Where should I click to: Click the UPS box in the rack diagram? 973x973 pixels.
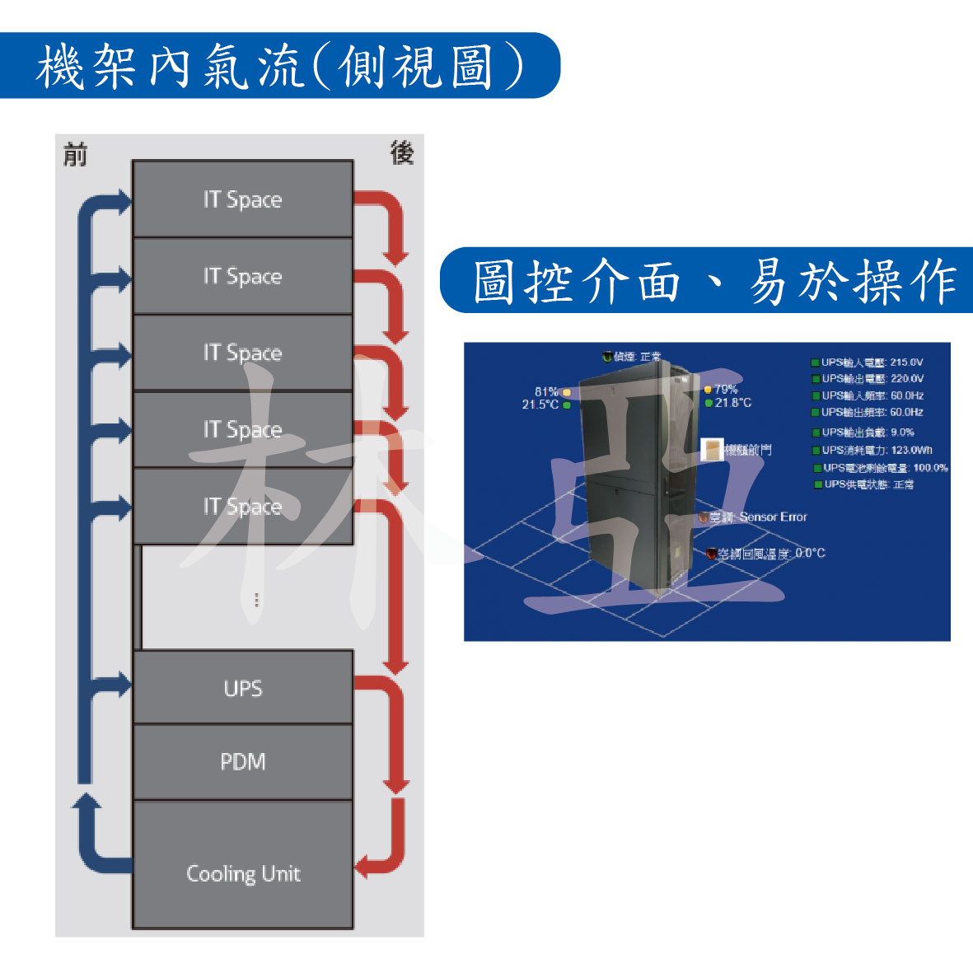[243, 688]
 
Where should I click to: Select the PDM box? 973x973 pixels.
[243, 761]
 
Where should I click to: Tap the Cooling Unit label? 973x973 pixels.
[243, 873]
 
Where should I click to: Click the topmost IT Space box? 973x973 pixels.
[243, 199]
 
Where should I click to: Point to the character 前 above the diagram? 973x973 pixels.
[75, 154]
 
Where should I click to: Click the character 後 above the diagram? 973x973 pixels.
[401, 152]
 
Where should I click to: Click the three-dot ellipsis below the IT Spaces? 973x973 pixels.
[256, 600]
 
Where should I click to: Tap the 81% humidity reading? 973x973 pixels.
[546, 391]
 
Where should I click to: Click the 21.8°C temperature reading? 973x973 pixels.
[733, 403]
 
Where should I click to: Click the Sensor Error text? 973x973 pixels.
[773, 517]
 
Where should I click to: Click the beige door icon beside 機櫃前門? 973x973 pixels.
[711, 449]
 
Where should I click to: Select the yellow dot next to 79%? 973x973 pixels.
[708, 390]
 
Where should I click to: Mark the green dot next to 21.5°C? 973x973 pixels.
[567, 405]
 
